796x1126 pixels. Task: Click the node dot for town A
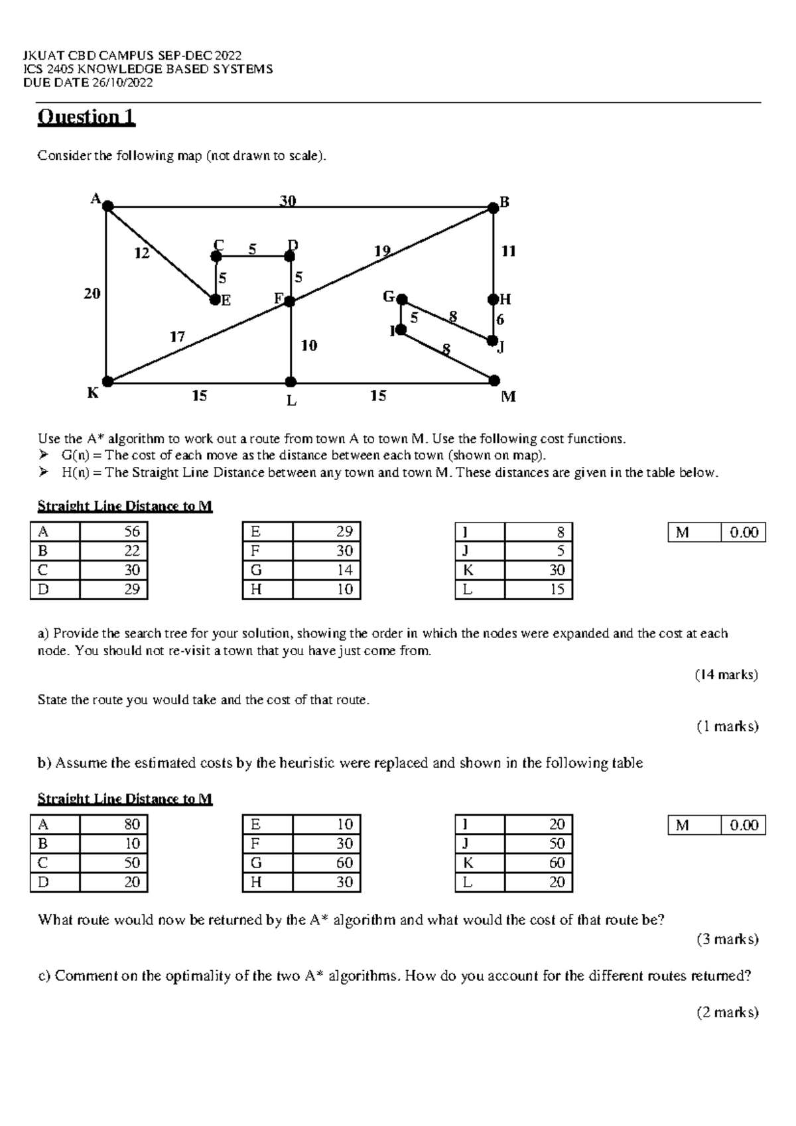coord(107,207)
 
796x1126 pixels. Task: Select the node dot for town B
coord(493,208)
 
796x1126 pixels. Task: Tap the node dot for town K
coord(107,381)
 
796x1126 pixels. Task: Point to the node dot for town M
coord(494,380)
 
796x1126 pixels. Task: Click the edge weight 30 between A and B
coord(287,200)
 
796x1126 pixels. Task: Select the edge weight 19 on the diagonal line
coord(382,251)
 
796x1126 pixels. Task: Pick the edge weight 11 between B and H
coord(508,251)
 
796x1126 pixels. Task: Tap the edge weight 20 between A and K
coord(92,293)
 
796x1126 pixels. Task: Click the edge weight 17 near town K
coord(176,337)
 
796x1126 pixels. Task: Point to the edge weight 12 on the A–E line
coord(142,253)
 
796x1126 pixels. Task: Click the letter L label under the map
coord(291,401)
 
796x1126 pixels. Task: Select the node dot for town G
coord(401,300)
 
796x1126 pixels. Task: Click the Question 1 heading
coord(86,117)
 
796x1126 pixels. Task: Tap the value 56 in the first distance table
coord(132,531)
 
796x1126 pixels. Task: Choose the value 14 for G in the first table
coord(344,570)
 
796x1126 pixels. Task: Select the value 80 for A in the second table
coord(132,824)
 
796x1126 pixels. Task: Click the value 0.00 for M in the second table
coord(744,825)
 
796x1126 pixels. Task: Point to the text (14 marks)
coord(726,674)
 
